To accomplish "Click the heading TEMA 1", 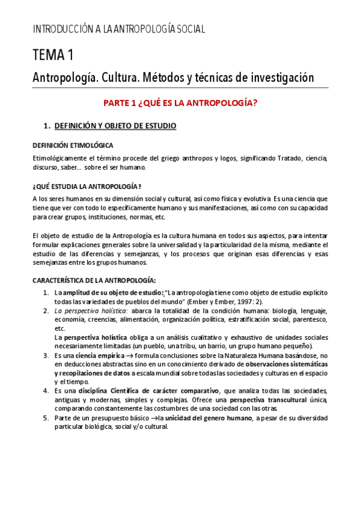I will [x=53, y=55].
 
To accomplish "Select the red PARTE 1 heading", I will [x=180, y=103].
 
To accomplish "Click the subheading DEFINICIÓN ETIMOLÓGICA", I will [x=72, y=146].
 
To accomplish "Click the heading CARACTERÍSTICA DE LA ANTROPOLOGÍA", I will [x=94, y=280].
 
